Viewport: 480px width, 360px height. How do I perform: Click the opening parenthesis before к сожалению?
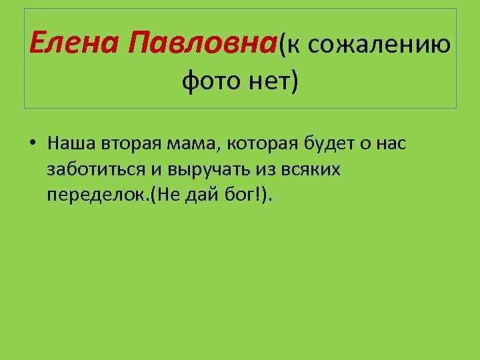click(x=282, y=45)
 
